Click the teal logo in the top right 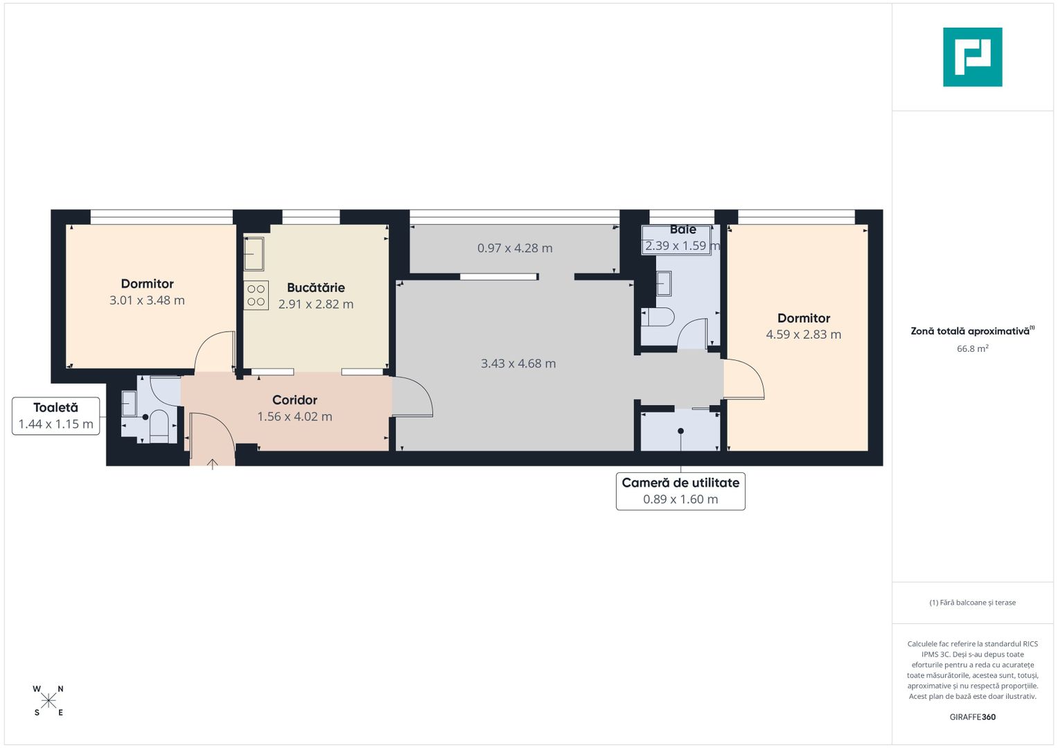[972, 57]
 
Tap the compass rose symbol [49, 701]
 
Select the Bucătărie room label [315, 287]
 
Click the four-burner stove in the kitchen [256, 295]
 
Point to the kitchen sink [254, 253]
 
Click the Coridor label [294, 400]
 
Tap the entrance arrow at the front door [212, 463]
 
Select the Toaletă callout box [55, 416]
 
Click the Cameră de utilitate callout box [680, 491]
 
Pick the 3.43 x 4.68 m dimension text [518, 364]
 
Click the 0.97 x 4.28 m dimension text [515, 248]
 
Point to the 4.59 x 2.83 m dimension [803, 335]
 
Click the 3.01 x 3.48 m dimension [147, 301]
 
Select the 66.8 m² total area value [972, 348]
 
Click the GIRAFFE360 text [972, 717]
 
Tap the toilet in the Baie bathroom [658, 317]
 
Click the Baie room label [682, 229]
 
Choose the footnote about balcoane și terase [972, 603]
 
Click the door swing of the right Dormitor [745, 380]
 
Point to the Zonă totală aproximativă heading [971, 331]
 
